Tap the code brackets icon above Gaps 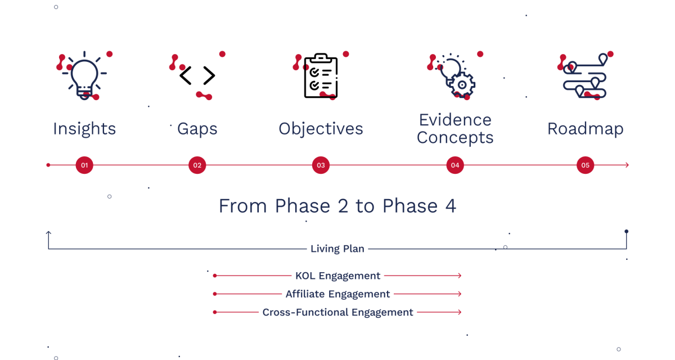point(197,75)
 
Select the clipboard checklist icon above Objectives point(321,76)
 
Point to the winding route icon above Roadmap point(585,78)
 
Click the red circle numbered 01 point(84,165)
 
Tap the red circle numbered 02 point(197,165)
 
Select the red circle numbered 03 point(321,165)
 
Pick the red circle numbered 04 point(455,165)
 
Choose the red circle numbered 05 point(585,165)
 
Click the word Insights point(84,129)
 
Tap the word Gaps point(197,129)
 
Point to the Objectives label point(321,129)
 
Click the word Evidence point(455,120)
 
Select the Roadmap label point(585,129)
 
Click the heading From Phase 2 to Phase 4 point(337,206)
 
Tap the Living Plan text point(337,249)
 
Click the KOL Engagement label point(337,276)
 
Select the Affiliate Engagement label point(337,294)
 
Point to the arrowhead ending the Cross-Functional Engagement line point(460,312)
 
